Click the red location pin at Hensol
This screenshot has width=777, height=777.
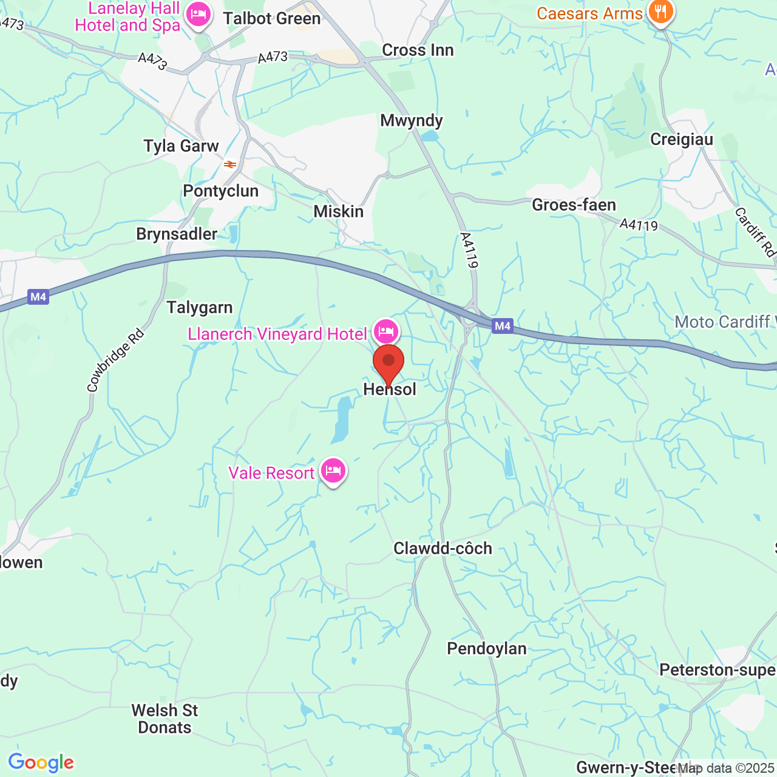click(388, 362)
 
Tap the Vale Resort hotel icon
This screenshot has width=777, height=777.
click(333, 470)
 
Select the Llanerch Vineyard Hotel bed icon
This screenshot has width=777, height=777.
click(386, 331)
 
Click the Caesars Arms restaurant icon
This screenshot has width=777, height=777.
click(660, 12)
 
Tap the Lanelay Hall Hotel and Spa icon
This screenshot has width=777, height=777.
click(198, 15)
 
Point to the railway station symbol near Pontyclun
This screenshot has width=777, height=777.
click(230, 164)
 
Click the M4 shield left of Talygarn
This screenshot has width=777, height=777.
click(38, 297)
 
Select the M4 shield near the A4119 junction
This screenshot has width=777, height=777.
click(503, 326)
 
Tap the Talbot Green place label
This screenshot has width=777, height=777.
click(271, 19)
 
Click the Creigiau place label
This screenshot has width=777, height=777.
click(682, 140)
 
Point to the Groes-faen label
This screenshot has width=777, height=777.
click(574, 205)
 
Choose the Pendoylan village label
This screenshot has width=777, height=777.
click(487, 649)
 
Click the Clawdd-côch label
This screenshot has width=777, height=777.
click(443, 549)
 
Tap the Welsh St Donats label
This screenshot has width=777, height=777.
click(165, 719)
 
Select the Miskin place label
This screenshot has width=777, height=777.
click(339, 212)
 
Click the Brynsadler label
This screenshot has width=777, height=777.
click(177, 234)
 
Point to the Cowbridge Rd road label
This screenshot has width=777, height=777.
click(115, 360)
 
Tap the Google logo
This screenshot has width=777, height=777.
click(41, 762)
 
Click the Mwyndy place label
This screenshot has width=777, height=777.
click(412, 121)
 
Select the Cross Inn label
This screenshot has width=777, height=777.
click(418, 50)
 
